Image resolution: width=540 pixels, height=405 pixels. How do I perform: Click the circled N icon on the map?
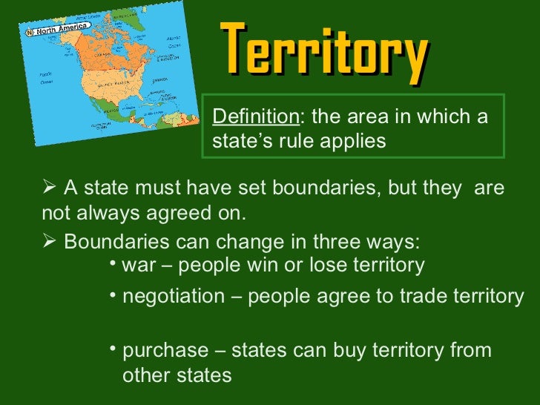coord(30,32)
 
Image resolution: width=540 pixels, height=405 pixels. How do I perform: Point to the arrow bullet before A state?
coord(49,188)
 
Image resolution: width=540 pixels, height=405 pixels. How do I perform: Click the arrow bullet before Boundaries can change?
coord(49,242)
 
